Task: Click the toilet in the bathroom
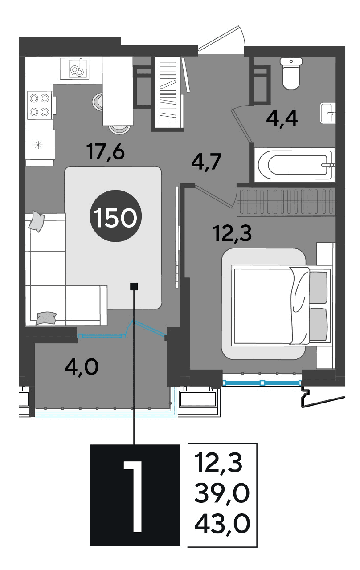tap(291, 73)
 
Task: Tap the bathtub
tap(295, 165)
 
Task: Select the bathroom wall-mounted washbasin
tap(328, 113)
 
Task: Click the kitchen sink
tap(74, 69)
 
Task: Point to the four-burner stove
tap(40, 105)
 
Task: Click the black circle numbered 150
tap(115, 216)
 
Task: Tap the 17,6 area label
tap(106, 152)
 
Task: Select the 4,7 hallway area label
tap(206, 162)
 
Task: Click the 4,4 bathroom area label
tap(282, 119)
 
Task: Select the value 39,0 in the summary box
tap(222, 494)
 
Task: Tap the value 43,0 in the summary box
tap(222, 524)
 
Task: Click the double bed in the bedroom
tap(282, 305)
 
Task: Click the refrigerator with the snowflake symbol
tap(40, 145)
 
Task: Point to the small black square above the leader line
tap(134, 286)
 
